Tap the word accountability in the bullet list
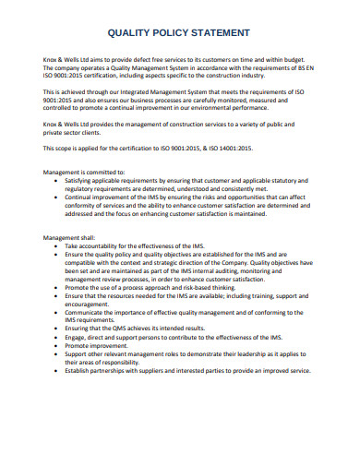[102, 247]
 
